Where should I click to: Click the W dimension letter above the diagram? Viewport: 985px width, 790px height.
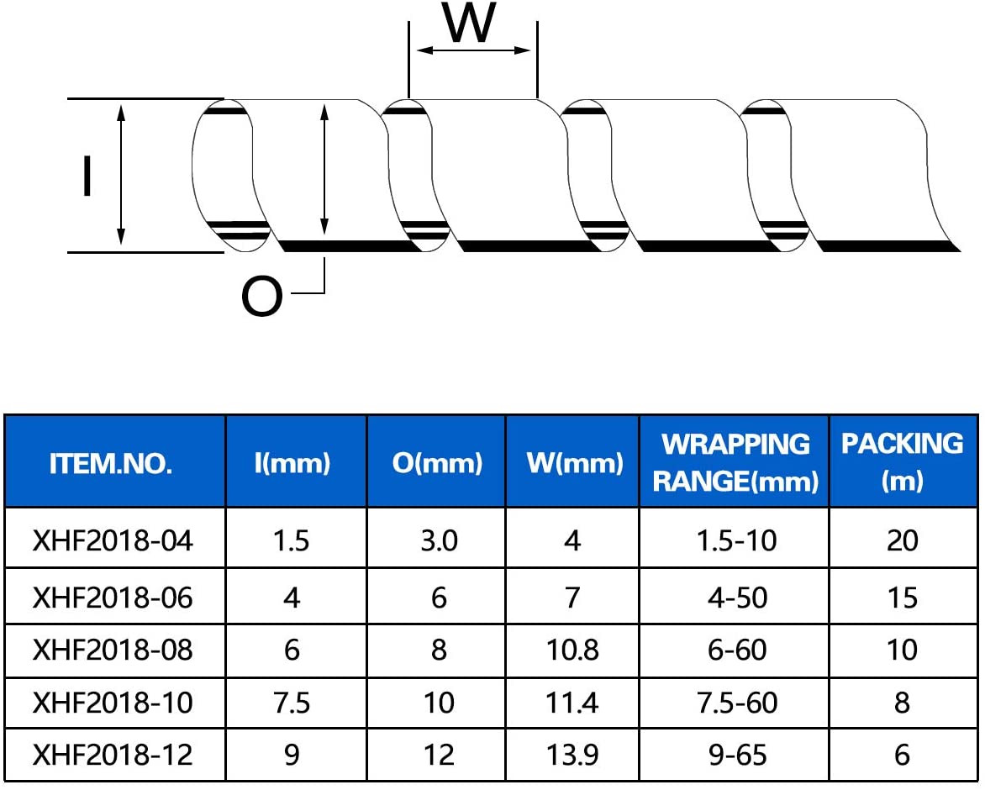pos(469,23)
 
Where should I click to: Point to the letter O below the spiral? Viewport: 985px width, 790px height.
pos(262,297)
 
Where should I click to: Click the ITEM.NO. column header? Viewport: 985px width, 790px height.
pos(111,463)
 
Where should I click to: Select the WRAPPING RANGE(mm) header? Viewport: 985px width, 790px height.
pos(735,463)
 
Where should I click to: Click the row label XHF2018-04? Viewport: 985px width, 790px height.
pos(113,540)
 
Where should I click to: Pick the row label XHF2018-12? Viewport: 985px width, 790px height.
pos(113,755)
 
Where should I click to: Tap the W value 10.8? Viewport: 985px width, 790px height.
pos(572,650)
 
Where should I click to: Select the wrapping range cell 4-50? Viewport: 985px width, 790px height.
pos(738,598)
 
